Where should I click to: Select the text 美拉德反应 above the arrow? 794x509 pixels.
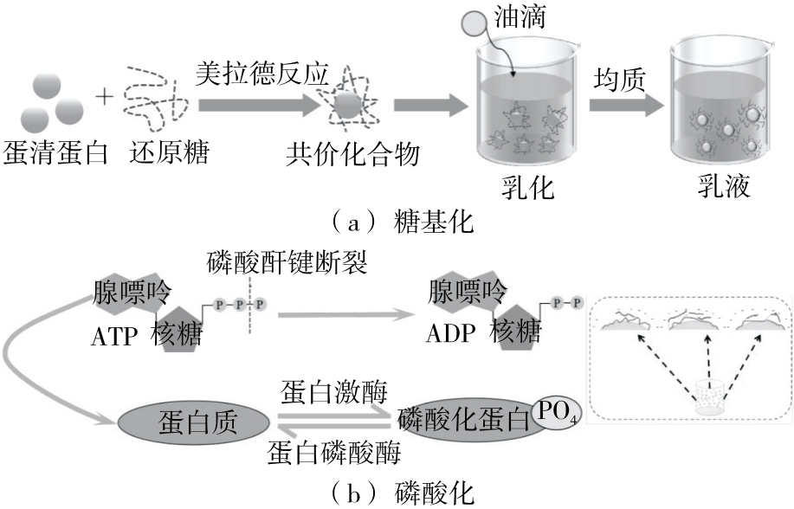click(263, 74)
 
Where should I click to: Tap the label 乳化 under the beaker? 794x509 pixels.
click(526, 185)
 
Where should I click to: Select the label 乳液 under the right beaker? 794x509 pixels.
click(724, 185)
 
